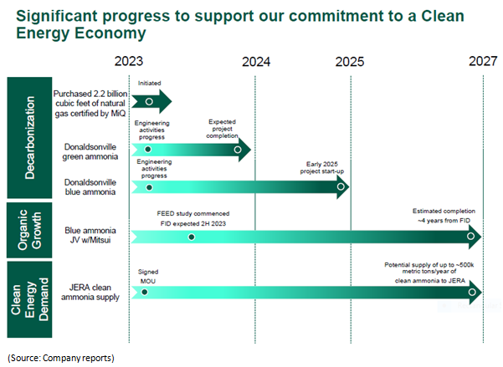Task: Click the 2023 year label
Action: tap(129, 61)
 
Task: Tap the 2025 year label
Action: tap(349, 61)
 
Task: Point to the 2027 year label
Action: tap(482, 61)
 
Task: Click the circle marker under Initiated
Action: tap(149, 101)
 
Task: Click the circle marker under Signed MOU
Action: tap(146, 293)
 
